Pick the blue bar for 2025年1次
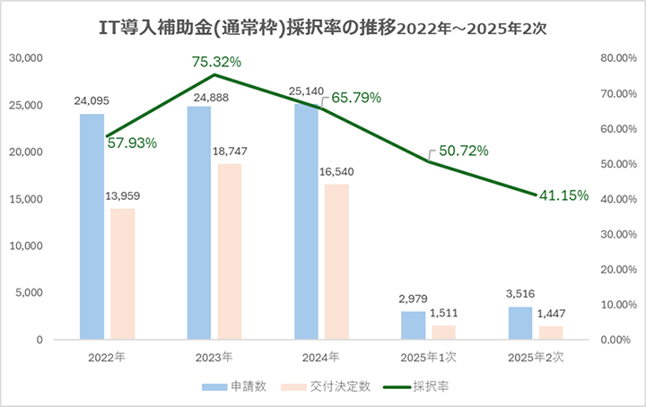coord(414,325)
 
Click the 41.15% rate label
coord(563,195)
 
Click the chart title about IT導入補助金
coord(322,27)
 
